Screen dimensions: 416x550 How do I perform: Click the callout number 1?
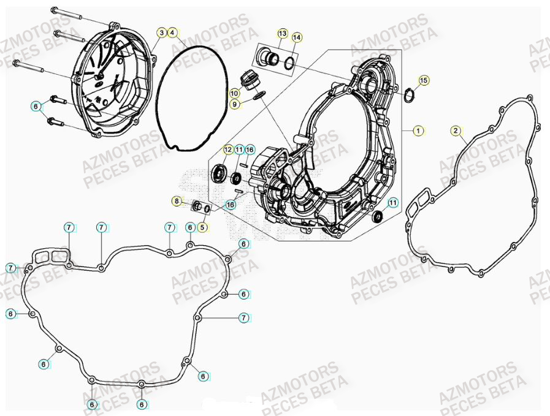[418, 130]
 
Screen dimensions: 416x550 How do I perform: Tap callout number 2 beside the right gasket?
[455, 130]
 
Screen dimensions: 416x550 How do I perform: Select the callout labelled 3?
[161, 32]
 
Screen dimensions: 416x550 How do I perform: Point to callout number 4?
[173, 32]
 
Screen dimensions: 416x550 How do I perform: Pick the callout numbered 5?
[203, 227]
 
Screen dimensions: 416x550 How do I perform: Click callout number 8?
[177, 201]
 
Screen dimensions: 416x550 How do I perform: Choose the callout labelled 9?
[234, 105]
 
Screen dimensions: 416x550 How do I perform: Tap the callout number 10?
[234, 93]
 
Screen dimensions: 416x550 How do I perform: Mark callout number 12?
[227, 149]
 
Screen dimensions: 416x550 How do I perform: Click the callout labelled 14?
[297, 38]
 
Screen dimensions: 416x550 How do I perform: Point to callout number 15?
[424, 80]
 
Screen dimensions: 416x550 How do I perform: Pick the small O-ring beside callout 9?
[259, 94]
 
